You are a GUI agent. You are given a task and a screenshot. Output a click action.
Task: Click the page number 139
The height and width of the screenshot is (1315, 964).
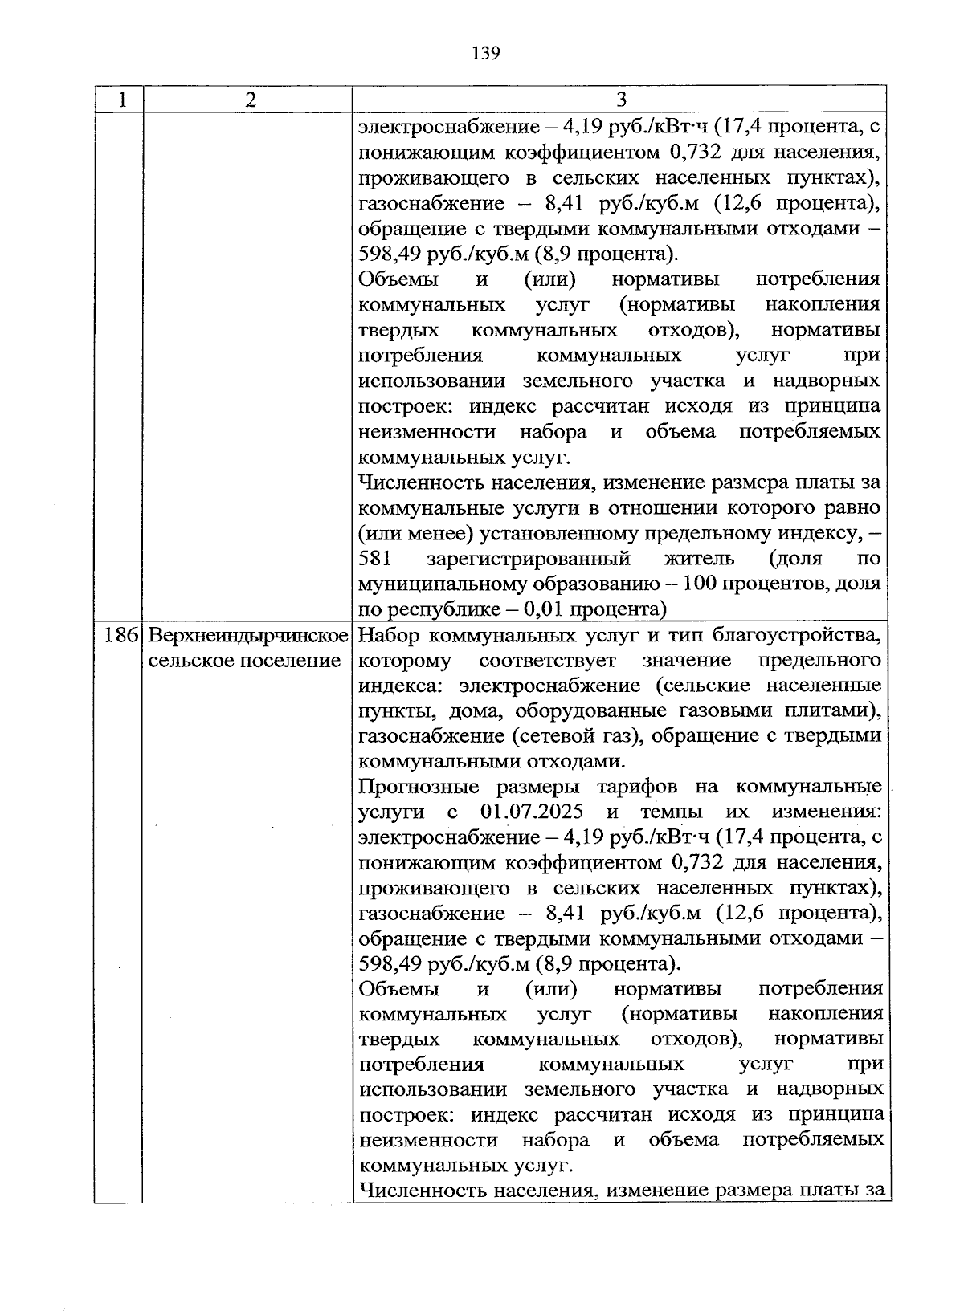(x=486, y=54)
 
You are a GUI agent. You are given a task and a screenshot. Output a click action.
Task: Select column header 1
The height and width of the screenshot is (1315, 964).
(x=120, y=100)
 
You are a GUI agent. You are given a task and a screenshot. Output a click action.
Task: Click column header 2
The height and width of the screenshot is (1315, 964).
(x=251, y=100)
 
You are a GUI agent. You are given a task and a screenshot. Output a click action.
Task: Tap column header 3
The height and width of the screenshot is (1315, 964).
(x=620, y=100)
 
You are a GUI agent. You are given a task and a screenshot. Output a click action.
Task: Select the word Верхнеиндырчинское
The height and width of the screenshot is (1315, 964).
(x=248, y=636)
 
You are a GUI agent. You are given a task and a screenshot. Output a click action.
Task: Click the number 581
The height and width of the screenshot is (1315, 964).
(x=374, y=559)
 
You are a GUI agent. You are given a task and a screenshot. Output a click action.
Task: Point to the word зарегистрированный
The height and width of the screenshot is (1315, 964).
(x=528, y=559)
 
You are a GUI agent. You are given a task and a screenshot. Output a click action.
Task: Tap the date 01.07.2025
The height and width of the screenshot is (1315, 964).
(x=532, y=812)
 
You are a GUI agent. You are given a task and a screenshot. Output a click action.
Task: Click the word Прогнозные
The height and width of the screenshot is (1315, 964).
(x=416, y=786)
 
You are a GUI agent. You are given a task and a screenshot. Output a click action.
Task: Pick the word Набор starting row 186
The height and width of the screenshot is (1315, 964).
(x=387, y=636)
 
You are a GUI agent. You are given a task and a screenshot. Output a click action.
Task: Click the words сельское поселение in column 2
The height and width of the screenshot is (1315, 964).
(x=245, y=661)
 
